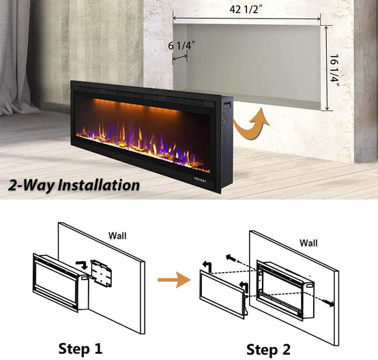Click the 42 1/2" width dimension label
click(246, 10)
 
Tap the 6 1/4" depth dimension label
click(181, 45)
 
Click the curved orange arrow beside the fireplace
click(251, 124)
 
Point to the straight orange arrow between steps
click(174, 280)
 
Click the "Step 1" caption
click(81, 348)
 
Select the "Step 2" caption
click(268, 349)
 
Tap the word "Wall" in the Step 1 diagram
click(117, 236)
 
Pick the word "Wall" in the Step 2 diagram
click(308, 243)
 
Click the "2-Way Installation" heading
click(74, 185)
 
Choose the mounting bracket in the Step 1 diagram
click(101, 273)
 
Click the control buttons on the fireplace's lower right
click(201, 180)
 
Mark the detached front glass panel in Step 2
click(224, 295)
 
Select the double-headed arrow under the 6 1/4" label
click(180, 57)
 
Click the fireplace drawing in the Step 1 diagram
click(61, 282)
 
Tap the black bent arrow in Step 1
click(82, 265)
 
